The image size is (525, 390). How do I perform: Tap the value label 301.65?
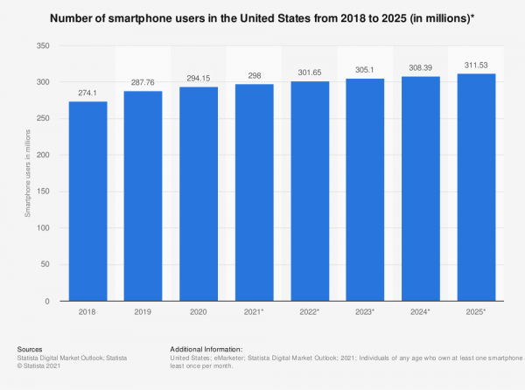click(311, 73)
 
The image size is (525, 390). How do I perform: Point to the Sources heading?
click(31, 348)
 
